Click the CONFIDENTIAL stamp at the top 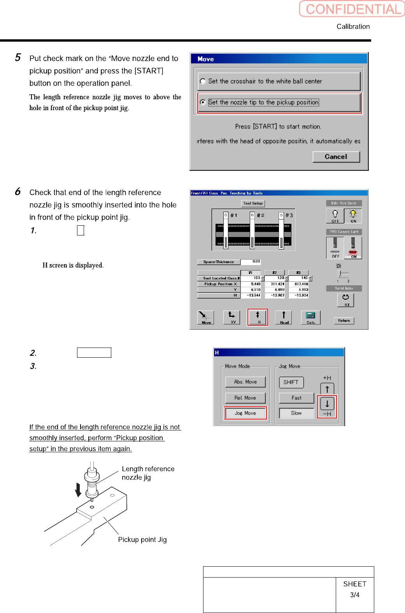tap(352, 9)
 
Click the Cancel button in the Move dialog tap(336, 156)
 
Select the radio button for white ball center tap(203, 81)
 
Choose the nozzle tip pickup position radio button tap(203, 102)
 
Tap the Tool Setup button tap(253, 204)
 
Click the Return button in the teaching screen tap(344, 321)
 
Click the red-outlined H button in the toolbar tap(258, 317)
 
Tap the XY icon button tap(231, 317)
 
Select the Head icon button tap(284, 317)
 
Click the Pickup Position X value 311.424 tap(277, 284)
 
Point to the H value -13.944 tap(253, 295)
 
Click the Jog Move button tap(245, 413)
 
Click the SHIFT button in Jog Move tap(291, 382)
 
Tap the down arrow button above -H tap(327, 404)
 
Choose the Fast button tap(296, 398)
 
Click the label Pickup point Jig tap(142, 539)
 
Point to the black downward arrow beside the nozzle tap(78, 490)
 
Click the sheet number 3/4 tap(355, 595)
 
